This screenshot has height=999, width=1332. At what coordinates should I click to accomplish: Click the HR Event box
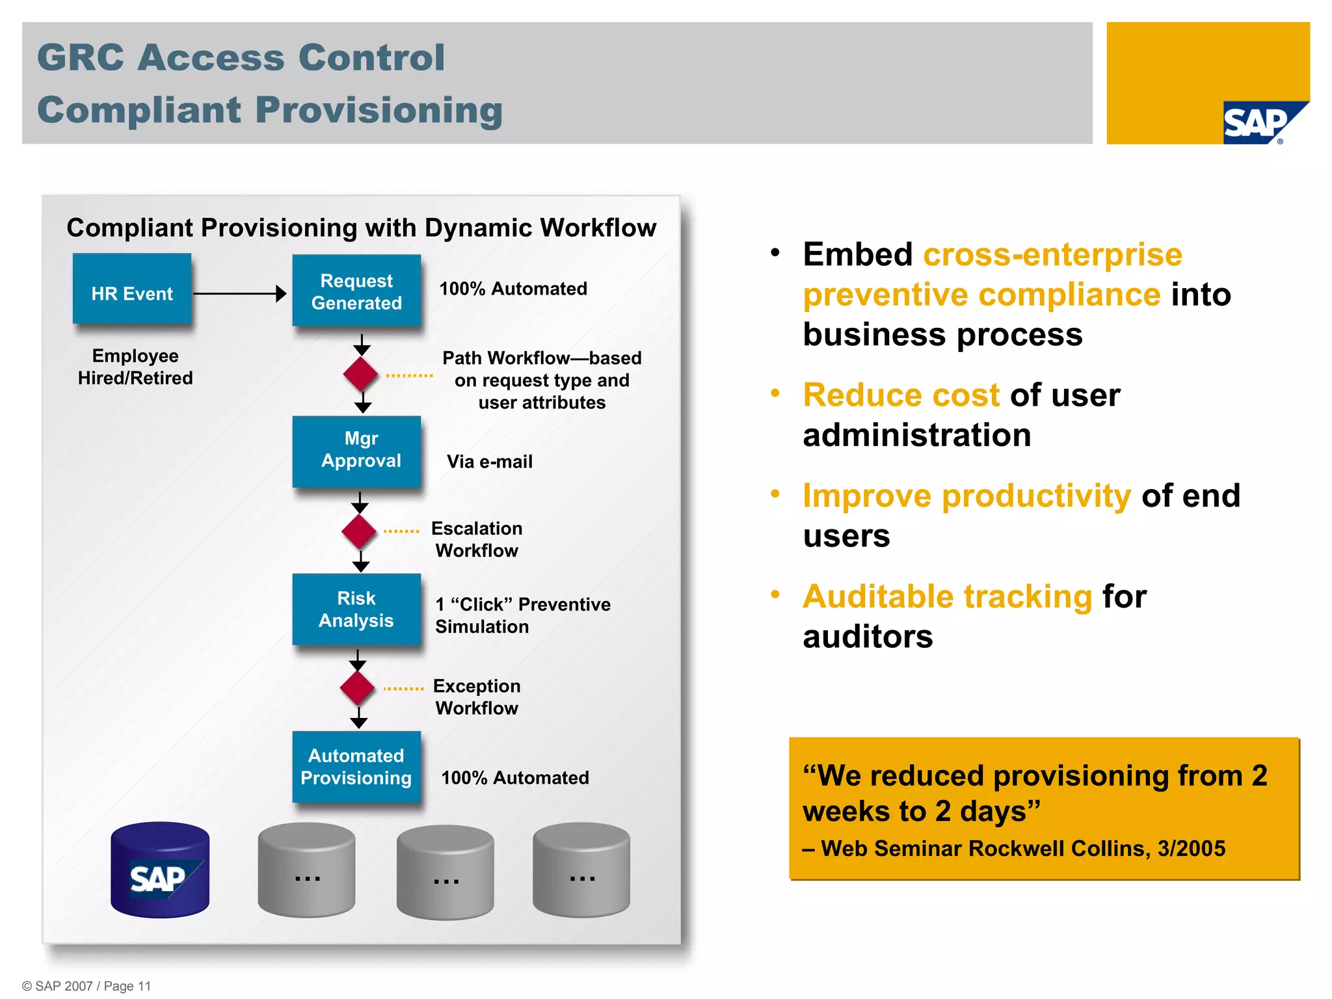(x=132, y=289)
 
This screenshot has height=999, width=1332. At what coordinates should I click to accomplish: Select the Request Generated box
(x=356, y=291)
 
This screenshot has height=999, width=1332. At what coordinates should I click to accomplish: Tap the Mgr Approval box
(x=356, y=451)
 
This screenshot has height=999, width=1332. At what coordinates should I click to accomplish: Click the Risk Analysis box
(x=356, y=609)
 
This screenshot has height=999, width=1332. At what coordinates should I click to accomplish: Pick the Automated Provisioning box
(x=356, y=767)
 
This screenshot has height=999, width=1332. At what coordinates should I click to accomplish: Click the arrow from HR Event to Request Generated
(x=239, y=293)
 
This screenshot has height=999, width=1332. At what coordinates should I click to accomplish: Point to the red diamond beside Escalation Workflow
(x=359, y=531)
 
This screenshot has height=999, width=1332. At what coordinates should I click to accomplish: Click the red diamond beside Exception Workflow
(x=357, y=688)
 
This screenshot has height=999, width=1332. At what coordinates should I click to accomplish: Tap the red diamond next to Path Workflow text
(x=361, y=374)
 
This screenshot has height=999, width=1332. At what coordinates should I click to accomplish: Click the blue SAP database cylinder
(x=160, y=870)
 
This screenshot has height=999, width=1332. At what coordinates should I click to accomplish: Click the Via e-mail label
(x=489, y=462)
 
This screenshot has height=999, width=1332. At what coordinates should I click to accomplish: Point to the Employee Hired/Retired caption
(x=135, y=367)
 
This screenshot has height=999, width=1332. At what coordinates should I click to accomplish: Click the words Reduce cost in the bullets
(x=901, y=395)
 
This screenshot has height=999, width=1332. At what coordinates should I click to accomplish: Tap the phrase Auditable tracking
(x=947, y=596)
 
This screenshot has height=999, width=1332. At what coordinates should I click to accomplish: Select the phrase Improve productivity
(x=966, y=496)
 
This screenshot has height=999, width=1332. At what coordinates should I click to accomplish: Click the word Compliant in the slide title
(x=139, y=110)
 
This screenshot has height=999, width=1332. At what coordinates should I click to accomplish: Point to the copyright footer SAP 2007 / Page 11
(x=87, y=986)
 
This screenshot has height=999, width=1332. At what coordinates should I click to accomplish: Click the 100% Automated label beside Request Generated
(x=513, y=289)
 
